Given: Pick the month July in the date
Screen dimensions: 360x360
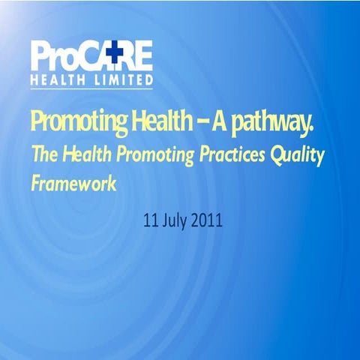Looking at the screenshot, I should pos(177,221).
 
